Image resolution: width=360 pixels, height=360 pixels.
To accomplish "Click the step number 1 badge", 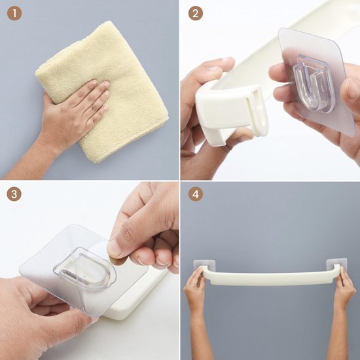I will click(x=14, y=14).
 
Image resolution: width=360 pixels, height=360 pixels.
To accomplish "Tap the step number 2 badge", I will click(x=196, y=14).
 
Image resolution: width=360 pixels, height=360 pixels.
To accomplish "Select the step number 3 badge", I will click(x=14, y=196).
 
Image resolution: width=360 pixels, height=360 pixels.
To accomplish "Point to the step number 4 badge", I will click(x=196, y=196).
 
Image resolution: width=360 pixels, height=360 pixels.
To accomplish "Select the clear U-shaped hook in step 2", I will click(x=315, y=82).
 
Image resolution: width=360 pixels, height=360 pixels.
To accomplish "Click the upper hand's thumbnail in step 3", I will click(x=116, y=247).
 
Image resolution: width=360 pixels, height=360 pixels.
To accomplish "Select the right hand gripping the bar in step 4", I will click(x=344, y=288).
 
